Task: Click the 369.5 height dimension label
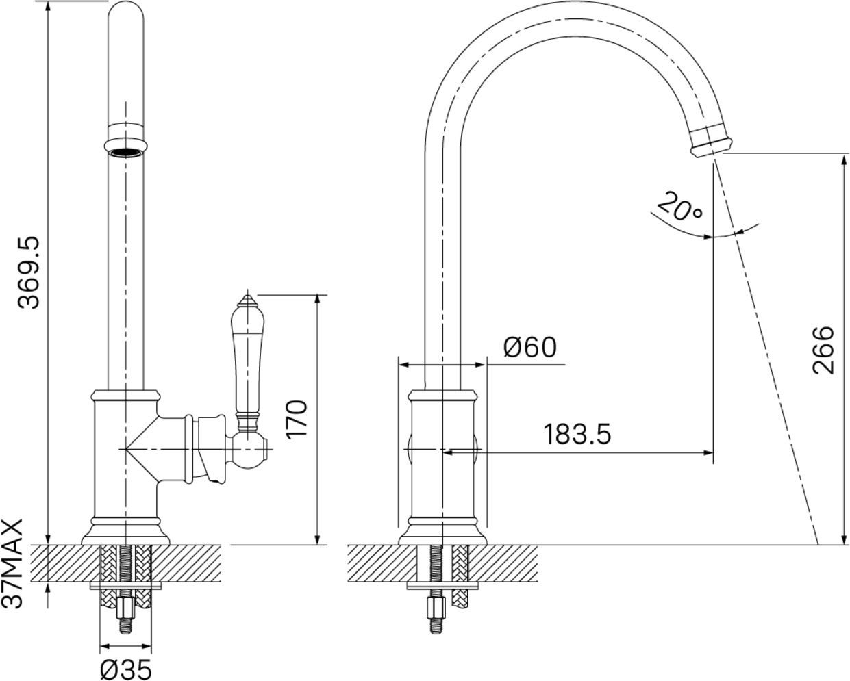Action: click(x=29, y=272)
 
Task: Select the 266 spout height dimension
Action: click(x=823, y=350)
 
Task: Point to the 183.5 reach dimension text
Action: click(x=577, y=434)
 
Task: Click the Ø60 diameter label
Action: click(x=529, y=347)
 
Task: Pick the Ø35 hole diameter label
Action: click(x=126, y=667)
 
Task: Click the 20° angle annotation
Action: click(x=680, y=206)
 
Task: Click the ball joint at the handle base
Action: click(x=248, y=449)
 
